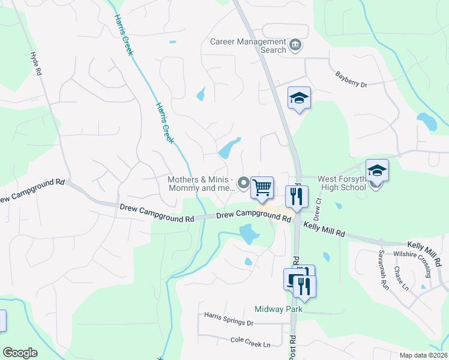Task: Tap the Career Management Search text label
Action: click(248, 46)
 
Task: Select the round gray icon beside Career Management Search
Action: click(295, 46)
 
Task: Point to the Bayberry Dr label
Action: click(351, 80)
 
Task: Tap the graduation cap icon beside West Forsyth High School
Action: click(377, 170)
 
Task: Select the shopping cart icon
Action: click(262, 188)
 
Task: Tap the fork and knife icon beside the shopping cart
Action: click(297, 197)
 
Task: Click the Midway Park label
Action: click(277, 309)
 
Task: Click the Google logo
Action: click(20, 353)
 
